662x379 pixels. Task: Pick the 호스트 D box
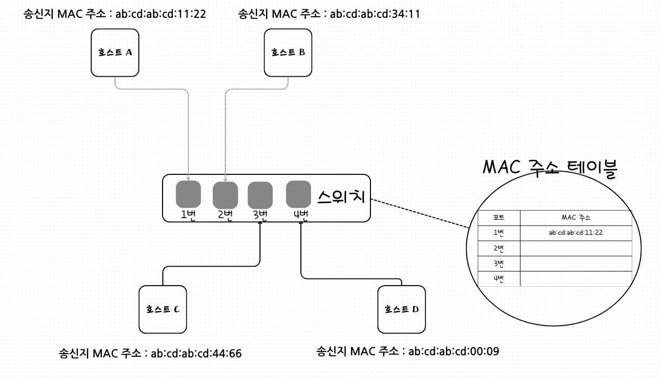(401, 309)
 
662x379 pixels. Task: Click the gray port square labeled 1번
(188, 194)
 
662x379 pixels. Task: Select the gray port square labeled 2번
(225, 194)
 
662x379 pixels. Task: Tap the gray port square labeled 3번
(260, 194)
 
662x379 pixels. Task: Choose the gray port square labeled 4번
(298, 194)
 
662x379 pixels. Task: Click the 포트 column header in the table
(499, 218)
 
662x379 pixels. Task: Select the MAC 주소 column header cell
(576, 218)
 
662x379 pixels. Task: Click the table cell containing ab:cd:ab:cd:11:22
(576, 233)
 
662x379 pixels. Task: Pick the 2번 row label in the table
(499, 248)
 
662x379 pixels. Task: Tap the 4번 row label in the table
(499, 279)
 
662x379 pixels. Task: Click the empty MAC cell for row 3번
(576, 263)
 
